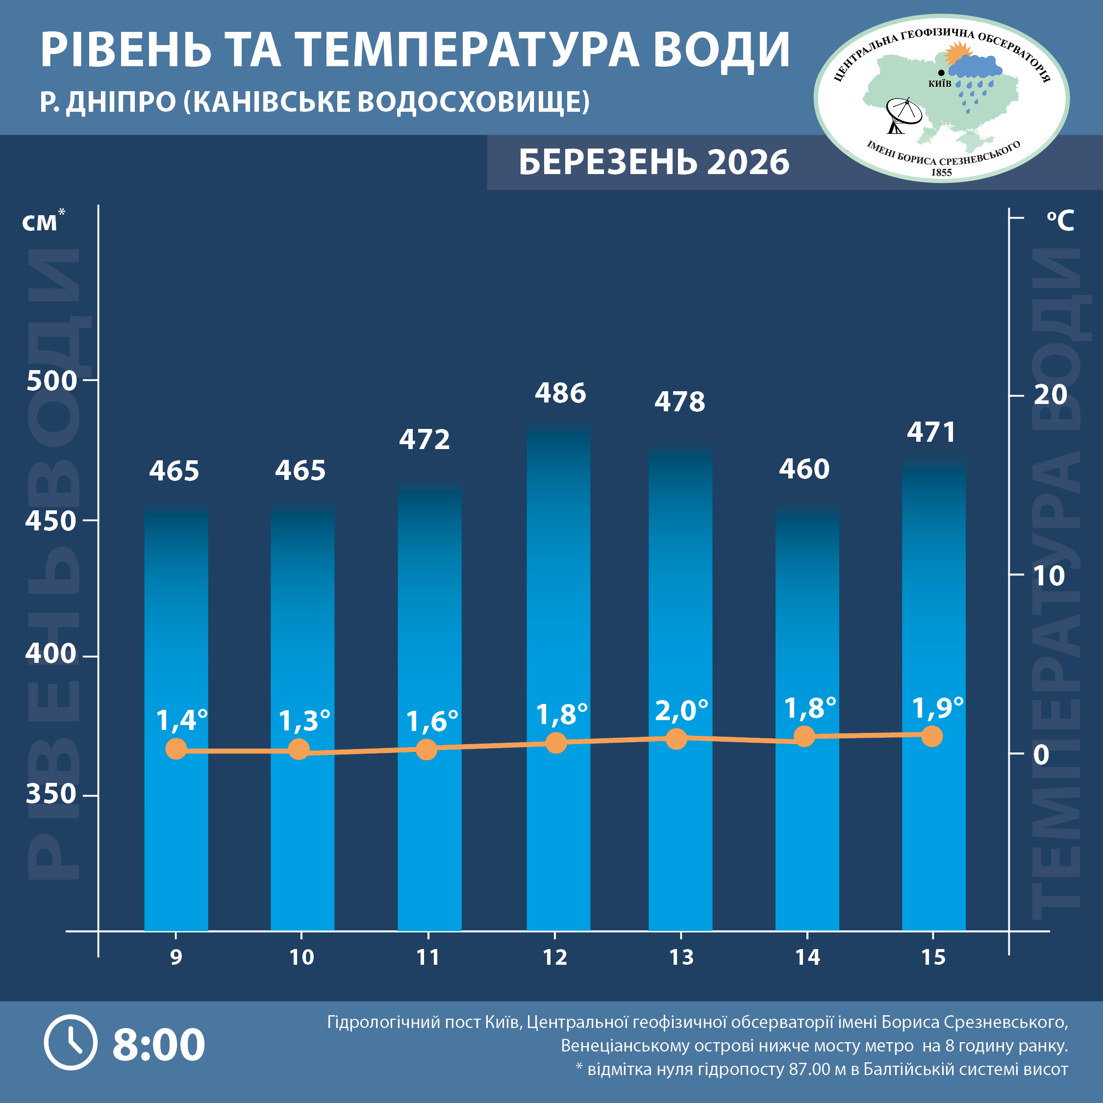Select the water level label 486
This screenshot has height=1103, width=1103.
click(x=560, y=393)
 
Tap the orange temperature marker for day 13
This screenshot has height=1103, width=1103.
click(x=677, y=738)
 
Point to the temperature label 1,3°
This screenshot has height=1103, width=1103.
click(x=304, y=721)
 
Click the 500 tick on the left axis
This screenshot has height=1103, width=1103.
click(x=51, y=381)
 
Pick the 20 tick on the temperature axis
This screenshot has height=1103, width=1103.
click(x=1050, y=395)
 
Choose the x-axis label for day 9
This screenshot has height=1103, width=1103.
click(x=176, y=957)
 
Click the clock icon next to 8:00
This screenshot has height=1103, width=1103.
click(x=71, y=1043)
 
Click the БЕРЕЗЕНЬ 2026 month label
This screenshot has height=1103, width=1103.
click(x=653, y=162)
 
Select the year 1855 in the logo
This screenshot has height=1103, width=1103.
click(x=941, y=173)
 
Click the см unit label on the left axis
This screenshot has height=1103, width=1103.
click(x=40, y=223)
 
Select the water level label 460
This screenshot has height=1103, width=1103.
click(x=804, y=469)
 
